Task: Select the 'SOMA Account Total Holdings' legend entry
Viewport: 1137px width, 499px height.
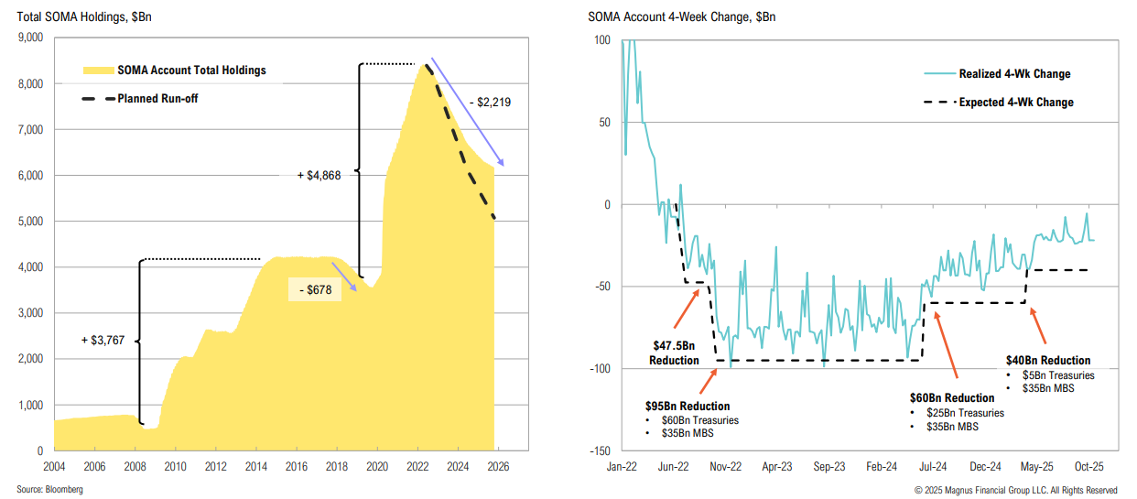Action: (x=191, y=71)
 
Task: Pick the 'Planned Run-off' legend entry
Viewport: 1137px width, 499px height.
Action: (x=157, y=98)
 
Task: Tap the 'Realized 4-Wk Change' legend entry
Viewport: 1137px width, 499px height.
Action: (x=1014, y=74)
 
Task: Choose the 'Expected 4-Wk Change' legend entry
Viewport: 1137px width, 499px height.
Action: (x=1015, y=103)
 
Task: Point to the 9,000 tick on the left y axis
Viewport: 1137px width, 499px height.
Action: (x=30, y=38)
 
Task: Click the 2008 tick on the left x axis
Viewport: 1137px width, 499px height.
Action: (x=135, y=466)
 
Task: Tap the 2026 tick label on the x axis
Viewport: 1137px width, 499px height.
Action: (x=498, y=466)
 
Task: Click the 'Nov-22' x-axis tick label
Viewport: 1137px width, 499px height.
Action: (x=725, y=466)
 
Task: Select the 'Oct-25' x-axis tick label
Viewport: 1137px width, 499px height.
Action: (x=1088, y=466)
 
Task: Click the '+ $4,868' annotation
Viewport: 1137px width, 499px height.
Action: (x=319, y=175)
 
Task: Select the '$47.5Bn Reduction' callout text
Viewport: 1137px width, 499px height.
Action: (x=675, y=353)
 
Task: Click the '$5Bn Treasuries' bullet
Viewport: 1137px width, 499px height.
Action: (x=1059, y=375)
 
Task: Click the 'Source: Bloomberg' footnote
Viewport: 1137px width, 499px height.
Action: (x=49, y=490)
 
